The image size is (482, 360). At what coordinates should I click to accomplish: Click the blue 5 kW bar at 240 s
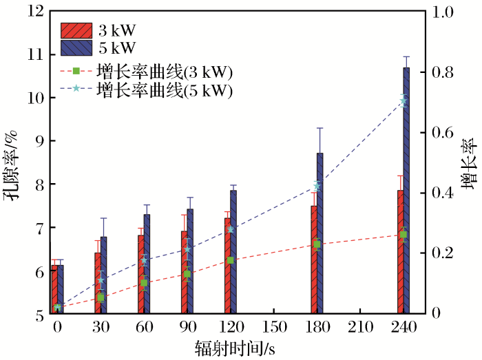click(x=406, y=193)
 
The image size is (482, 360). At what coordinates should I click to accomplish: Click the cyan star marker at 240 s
click(x=404, y=101)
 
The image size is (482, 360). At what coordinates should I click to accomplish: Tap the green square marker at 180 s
click(x=317, y=244)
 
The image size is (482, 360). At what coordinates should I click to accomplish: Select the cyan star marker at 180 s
click(x=317, y=186)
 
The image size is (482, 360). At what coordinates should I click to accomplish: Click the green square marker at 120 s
click(x=230, y=260)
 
